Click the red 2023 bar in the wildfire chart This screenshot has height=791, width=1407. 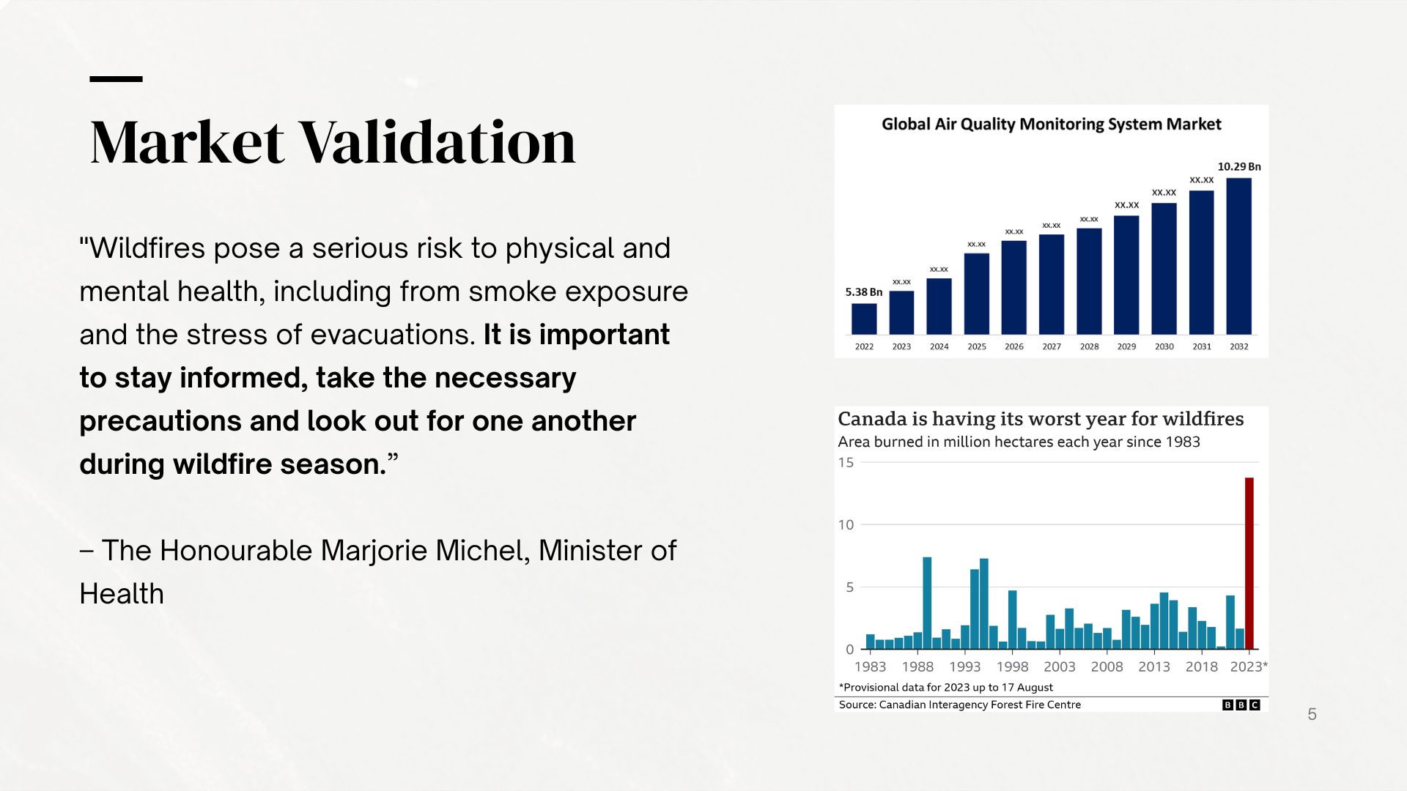tap(1249, 563)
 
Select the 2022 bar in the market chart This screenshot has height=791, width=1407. tap(864, 319)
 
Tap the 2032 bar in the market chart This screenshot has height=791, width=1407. tap(1238, 256)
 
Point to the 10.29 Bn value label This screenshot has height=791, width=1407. tap(1238, 167)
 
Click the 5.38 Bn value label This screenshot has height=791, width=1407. tap(863, 292)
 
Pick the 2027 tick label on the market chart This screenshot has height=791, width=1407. tap(1052, 346)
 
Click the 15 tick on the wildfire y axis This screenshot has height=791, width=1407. tap(846, 463)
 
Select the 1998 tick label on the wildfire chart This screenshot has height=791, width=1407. tap(1012, 666)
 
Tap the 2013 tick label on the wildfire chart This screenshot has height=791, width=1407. tap(1153, 666)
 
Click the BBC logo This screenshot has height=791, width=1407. tap(1241, 705)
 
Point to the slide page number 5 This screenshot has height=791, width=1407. tap(1312, 714)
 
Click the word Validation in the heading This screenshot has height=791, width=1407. tap(437, 142)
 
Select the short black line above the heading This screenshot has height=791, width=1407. tap(116, 78)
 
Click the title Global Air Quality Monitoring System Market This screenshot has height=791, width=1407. tap(1051, 125)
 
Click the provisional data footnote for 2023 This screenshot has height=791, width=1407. tap(945, 687)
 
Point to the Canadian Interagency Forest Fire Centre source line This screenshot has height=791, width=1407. tap(959, 705)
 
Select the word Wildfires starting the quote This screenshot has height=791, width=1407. tap(147, 248)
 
